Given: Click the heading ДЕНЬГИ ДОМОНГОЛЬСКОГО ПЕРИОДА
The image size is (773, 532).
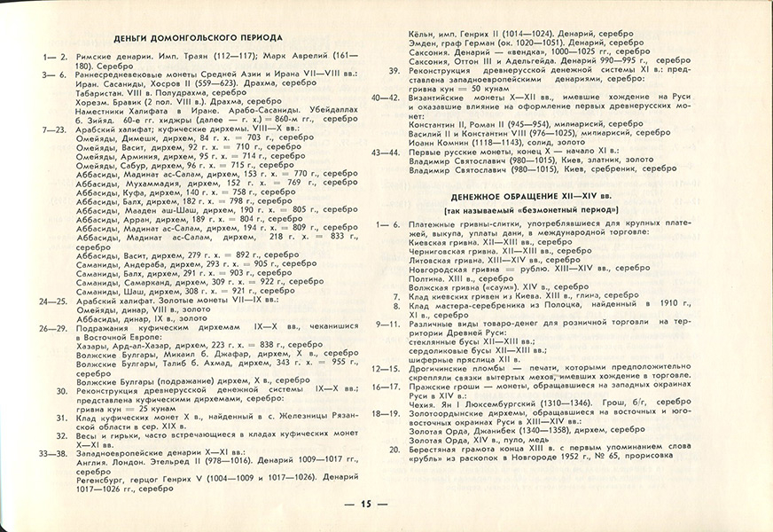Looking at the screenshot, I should pos(199,38).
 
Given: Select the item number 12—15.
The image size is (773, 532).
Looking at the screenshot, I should pos(386,367).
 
